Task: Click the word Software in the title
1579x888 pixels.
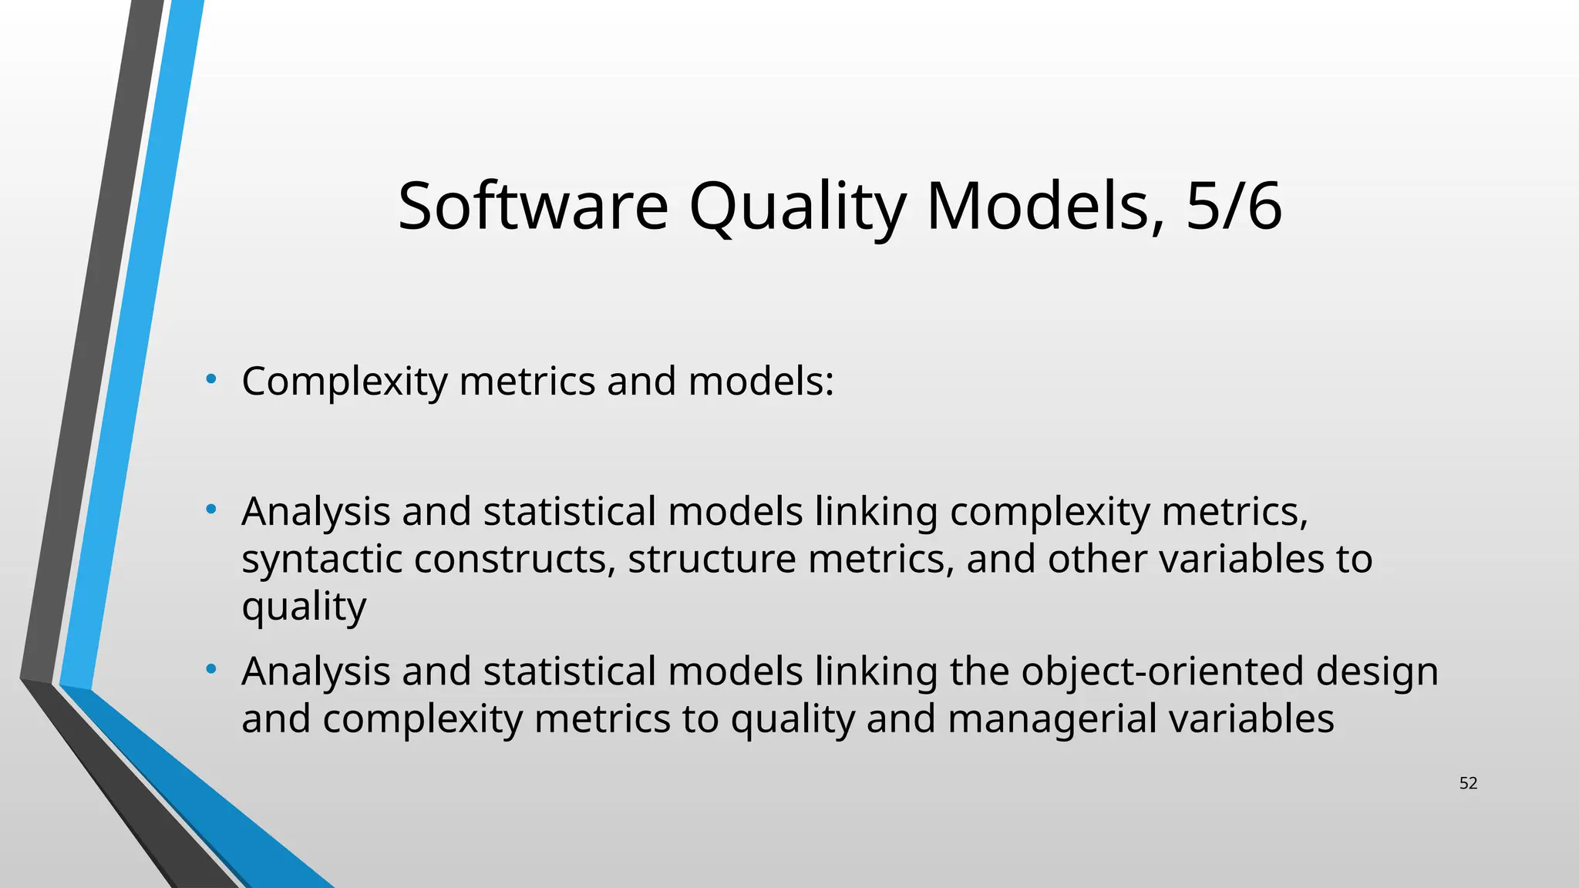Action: (x=533, y=206)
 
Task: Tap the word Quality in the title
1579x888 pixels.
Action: (x=797, y=206)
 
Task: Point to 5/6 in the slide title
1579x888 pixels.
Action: (x=1234, y=206)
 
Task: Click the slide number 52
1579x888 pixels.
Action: (x=1468, y=783)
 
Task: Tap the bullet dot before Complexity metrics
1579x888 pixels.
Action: (x=210, y=378)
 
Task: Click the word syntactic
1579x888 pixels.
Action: (x=322, y=560)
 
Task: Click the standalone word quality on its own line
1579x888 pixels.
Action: (x=304, y=607)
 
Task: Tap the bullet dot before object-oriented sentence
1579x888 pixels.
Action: (x=210, y=669)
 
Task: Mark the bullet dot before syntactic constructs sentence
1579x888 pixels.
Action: (x=210, y=509)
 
